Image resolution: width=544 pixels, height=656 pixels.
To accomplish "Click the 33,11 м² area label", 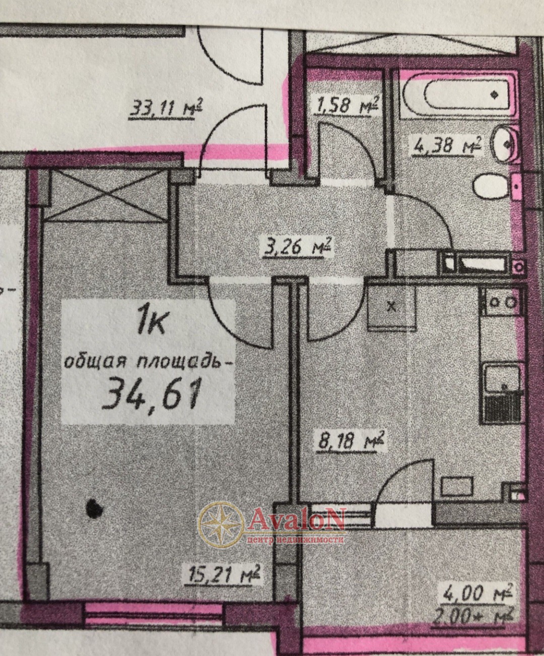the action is [165, 109].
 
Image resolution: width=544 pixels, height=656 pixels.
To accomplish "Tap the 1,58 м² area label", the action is [347, 106].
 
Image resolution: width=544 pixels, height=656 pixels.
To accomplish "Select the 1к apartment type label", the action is [151, 321].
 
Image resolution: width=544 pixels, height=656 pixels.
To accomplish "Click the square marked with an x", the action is [392, 306].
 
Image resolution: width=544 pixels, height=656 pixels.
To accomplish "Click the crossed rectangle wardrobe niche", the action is [109, 196].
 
